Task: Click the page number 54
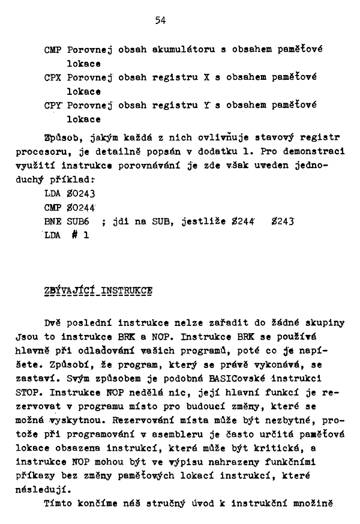[x=160, y=20]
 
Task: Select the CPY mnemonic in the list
[x=53, y=105]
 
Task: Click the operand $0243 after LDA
[x=82, y=194]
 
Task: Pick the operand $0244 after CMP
[x=82, y=208]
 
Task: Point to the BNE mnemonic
[x=53, y=221]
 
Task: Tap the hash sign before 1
[x=76, y=236]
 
